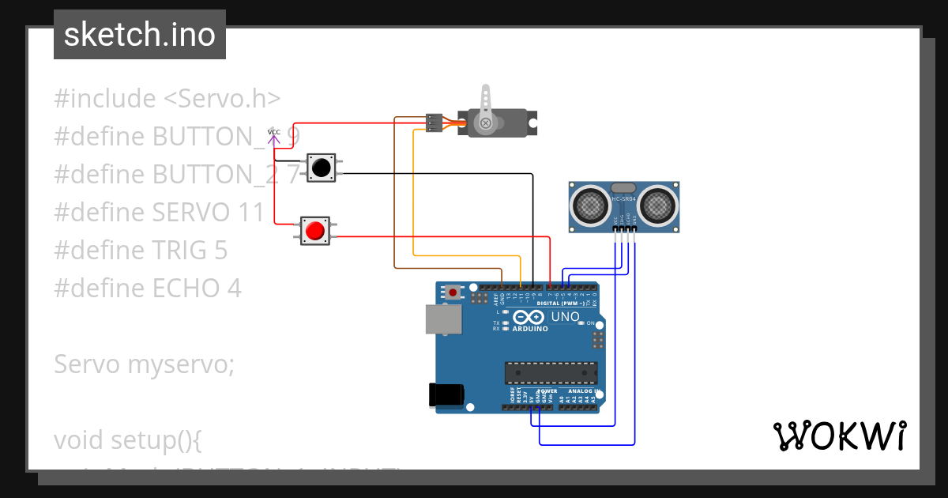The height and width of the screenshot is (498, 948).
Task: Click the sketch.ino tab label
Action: point(140,35)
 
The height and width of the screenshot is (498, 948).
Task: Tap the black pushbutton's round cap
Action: point(321,168)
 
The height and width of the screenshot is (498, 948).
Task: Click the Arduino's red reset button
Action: point(453,292)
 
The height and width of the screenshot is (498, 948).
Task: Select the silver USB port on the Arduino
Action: point(442,319)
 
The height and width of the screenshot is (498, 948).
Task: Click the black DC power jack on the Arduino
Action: point(443,396)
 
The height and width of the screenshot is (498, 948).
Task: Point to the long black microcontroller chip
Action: point(551,373)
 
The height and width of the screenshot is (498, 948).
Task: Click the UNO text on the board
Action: point(565,317)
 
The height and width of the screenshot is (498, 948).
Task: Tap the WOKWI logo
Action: point(839,436)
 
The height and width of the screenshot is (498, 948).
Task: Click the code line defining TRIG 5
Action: point(141,250)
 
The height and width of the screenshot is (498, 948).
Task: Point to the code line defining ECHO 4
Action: point(148,288)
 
